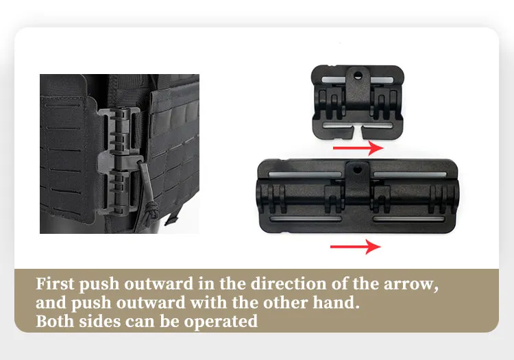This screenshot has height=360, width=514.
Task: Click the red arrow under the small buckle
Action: tap(358, 148)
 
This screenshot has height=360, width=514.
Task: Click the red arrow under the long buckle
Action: tap(355, 247)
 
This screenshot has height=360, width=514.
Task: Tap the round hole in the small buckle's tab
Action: tap(358, 75)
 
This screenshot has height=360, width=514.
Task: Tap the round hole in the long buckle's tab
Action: tap(357, 170)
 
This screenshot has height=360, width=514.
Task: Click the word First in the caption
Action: tap(55, 284)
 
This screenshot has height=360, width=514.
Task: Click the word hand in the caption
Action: tap(336, 302)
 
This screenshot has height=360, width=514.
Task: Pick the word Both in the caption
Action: tap(55, 321)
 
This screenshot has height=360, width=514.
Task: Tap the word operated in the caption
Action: tap(221, 322)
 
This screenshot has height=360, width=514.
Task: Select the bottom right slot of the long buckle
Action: tap(408, 219)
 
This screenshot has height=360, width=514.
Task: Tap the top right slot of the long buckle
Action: tap(410, 175)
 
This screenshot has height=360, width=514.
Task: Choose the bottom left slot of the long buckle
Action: tap(306, 219)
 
